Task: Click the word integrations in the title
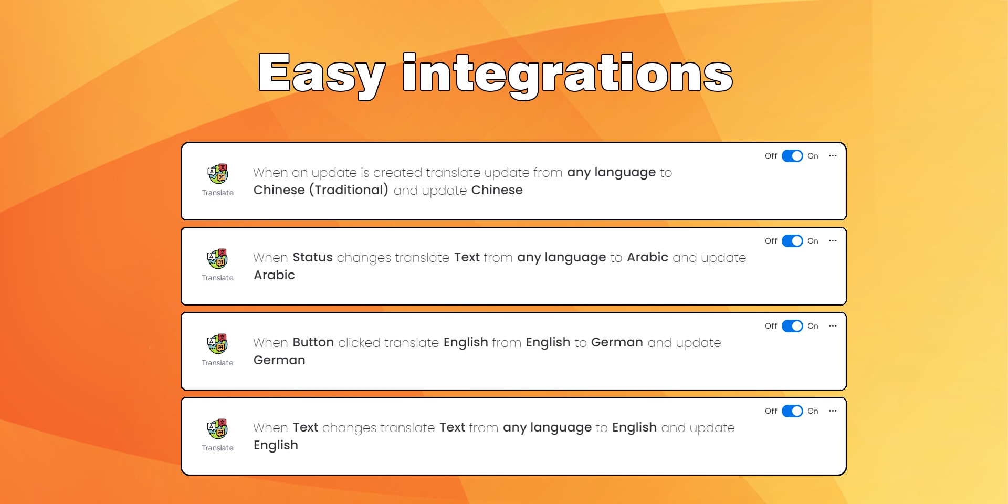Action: click(x=568, y=75)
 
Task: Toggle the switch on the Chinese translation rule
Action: click(x=792, y=156)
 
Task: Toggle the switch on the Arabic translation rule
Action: click(x=792, y=241)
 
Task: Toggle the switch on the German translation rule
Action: click(x=792, y=326)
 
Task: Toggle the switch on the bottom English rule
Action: click(x=792, y=411)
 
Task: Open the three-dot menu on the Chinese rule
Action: click(x=833, y=156)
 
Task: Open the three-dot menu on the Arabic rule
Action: click(x=833, y=241)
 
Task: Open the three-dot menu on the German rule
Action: click(x=833, y=326)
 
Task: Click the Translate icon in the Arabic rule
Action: click(x=218, y=259)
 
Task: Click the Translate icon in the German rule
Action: click(x=218, y=344)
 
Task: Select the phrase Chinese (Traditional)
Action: click(x=321, y=190)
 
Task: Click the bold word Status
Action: click(x=312, y=257)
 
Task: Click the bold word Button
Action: click(x=313, y=342)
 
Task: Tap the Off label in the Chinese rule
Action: click(x=771, y=156)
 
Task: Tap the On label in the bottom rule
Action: click(x=813, y=411)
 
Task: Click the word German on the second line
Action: click(x=279, y=360)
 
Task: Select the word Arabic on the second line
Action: click(x=275, y=275)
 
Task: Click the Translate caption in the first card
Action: click(x=218, y=193)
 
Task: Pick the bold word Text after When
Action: click(x=305, y=427)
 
